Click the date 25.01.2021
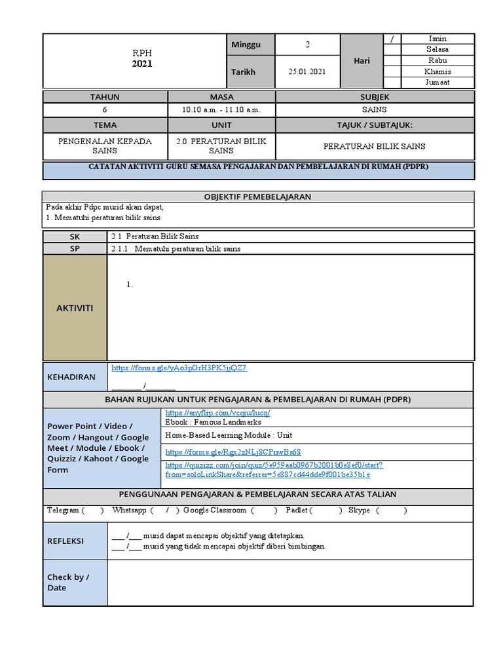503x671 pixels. [x=307, y=71]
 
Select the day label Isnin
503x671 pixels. [x=437, y=39]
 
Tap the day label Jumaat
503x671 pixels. [x=437, y=83]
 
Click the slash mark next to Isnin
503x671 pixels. [x=392, y=39]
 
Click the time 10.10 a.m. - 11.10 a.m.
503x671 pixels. [x=221, y=110]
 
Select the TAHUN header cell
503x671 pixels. [x=104, y=96]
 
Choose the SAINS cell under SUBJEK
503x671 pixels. [x=374, y=110]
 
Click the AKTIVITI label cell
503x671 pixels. [x=75, y=307]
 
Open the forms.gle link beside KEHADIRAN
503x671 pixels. [x=179, y=368]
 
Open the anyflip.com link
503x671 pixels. [x=217, y=413]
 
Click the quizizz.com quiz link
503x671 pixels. [x=274, y=469]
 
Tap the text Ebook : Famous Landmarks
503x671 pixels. [x=213, y=422]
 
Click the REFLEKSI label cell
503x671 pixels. [x=65, y=541]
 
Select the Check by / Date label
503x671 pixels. [x=68, y=583]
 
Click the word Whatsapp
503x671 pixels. [x=128, y=510]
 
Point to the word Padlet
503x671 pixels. [x=296, y=510]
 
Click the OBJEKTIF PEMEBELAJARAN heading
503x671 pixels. [x=257, y=197]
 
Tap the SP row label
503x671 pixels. [x=74, y=248]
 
